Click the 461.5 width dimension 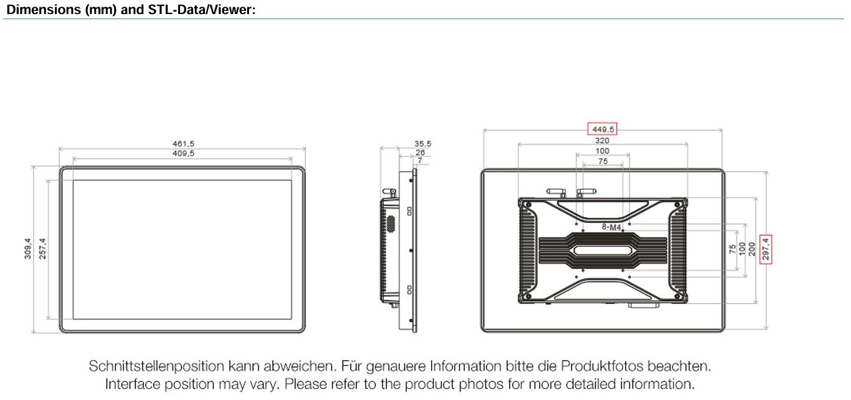click(183, 144)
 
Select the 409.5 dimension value click(183, 153)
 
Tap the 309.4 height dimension click(27, 249)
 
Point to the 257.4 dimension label click(43, 249)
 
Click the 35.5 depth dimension click(422, 144)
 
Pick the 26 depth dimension click(420, 152)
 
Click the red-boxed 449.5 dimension click(603, 129)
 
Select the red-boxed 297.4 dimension click(766, 249)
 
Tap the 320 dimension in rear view click(602, 140)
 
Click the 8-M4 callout click(611, 227)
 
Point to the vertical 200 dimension click(751, 249)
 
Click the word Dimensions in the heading click(44, 10)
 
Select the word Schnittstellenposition click(156, 366)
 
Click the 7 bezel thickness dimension click(420, 161)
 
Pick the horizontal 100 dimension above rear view click(602, 151)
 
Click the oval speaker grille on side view click(391, 224)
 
